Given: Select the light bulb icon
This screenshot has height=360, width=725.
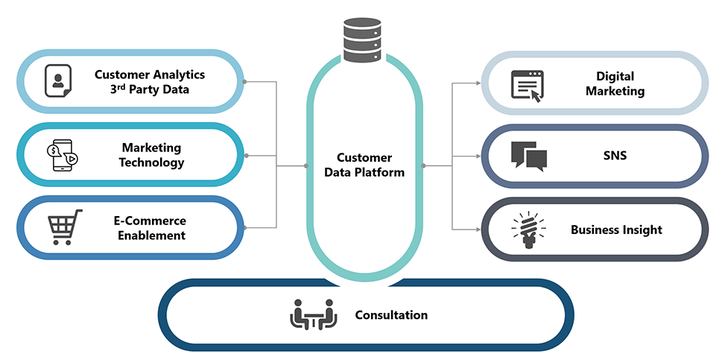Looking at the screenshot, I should (x=529, y=230).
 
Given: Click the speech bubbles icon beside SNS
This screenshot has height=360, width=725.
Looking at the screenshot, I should (x=529, y=155).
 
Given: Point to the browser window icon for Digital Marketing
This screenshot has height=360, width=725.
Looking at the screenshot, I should (x=528, y=84).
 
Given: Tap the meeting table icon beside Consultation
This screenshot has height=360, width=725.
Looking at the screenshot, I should (x=314, y=315).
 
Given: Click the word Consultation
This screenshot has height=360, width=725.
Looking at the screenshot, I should (x=391, y=315).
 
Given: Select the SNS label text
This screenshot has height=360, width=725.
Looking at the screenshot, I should (x=615, y=156).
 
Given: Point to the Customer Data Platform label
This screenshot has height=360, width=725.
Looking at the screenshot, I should (x=364, y=165).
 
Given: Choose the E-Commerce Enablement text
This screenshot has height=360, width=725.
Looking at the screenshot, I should (x=150, y=228).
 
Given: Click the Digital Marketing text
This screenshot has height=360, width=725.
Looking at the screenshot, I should (x=615, y=83).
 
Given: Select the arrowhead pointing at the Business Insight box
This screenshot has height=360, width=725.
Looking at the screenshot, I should (x=477, y=230).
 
